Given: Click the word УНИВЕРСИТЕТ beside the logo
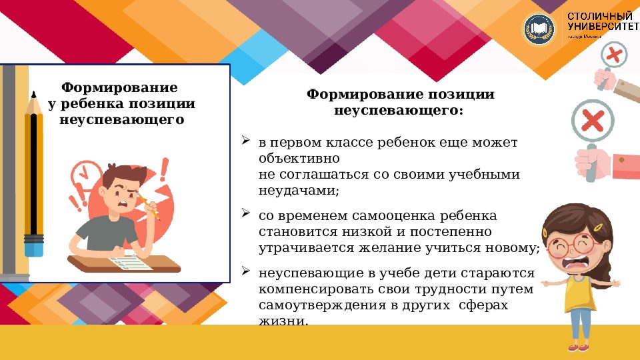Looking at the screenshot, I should pos(601,25).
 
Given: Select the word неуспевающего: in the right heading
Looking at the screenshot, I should pos(398,110).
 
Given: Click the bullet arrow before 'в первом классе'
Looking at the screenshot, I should pos(245,141).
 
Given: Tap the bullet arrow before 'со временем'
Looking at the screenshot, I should pos(245,215).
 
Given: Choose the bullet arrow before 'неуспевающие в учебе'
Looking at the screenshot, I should pos(245,272).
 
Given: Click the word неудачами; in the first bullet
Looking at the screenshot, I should pos(299,191).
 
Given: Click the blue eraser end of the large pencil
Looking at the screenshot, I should pos(34,249).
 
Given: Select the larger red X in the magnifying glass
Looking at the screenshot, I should pos(592,121).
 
